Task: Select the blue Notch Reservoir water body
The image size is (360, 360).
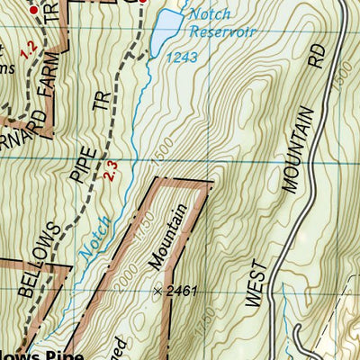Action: [x=166, y=32]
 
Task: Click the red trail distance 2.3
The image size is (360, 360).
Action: [x=110, y=168]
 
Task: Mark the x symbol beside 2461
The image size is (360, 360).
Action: [x=158, y=292]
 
